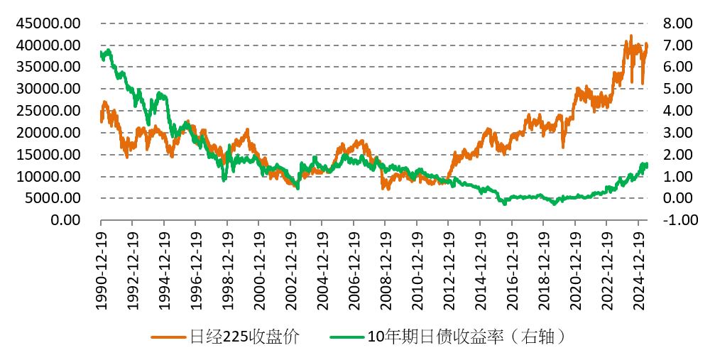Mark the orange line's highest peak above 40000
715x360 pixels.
tap(631, 36)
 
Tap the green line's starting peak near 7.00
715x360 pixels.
tap(108, 50)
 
